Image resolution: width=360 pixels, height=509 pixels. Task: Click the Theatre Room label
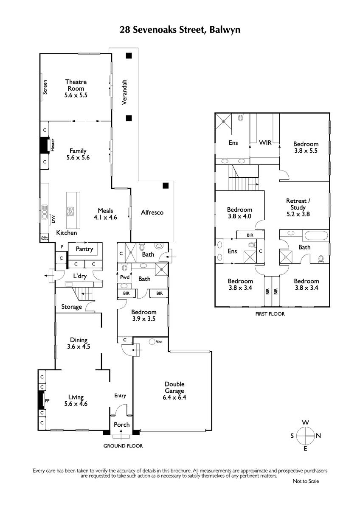click(76, 85)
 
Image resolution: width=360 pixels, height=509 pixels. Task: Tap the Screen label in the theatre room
click(45, 87)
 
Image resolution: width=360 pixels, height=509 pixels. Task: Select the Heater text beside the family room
click(53, 145)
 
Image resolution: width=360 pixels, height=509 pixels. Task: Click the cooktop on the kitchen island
click(70, 211)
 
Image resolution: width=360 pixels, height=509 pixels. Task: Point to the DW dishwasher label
click(53, 219)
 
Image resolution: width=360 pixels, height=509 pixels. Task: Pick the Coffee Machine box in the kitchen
click(45, 238)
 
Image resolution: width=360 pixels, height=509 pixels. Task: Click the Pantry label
click(84, 249)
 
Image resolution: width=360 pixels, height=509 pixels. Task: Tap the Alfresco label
click(152, 213)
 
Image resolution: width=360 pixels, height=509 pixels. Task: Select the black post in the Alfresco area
click(166, 186)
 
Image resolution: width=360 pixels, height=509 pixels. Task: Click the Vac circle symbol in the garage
click(152, 341)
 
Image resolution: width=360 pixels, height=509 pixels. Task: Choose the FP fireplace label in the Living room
click(47, 400)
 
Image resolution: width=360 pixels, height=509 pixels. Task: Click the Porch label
click(122, 425)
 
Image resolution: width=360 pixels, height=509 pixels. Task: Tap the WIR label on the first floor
click(265, 143)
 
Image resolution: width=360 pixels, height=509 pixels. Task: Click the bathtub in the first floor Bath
click(316, 235)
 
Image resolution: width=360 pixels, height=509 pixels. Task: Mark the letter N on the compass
click(318, 436)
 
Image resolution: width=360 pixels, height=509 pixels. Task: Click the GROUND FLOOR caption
click(123, 446)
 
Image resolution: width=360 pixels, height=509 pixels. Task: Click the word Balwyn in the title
click(225, 30)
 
